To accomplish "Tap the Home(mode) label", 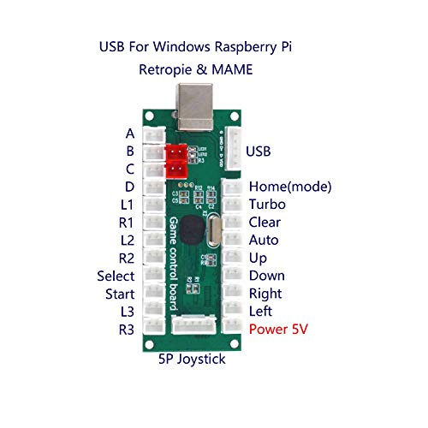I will pos(289,187).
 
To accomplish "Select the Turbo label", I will pos(267,205).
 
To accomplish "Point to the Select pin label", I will pos(116,276).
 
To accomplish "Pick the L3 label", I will pos(126,311).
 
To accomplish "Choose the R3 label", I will pos(126,329).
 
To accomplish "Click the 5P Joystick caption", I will pos(193,360).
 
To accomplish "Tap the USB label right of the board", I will pos(260,152).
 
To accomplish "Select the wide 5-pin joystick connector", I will pos(194,325).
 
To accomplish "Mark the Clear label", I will pos(265,223).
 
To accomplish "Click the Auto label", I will pos(264,241).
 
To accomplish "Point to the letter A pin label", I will pos(129,134).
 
